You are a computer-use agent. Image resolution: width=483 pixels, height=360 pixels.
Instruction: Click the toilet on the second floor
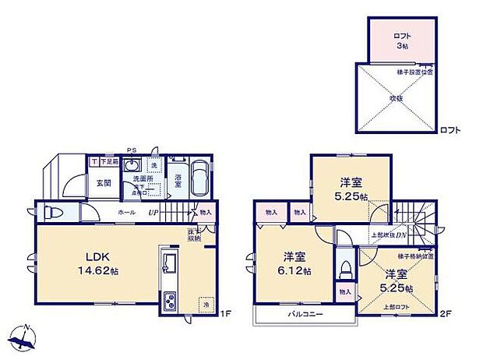344,267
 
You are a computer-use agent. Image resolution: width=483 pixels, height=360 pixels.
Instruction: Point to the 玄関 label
103,184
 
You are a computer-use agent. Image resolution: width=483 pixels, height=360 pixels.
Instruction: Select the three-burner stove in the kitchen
170,300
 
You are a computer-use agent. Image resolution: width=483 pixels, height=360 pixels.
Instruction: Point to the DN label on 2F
401,235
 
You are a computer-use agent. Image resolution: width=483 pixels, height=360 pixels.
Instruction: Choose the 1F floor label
225,314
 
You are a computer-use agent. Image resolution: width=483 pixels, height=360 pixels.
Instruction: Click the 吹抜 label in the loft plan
397,99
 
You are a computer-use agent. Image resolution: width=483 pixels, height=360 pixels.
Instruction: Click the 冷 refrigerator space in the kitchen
205,305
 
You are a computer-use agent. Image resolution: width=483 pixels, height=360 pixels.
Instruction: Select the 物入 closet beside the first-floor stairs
205,211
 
